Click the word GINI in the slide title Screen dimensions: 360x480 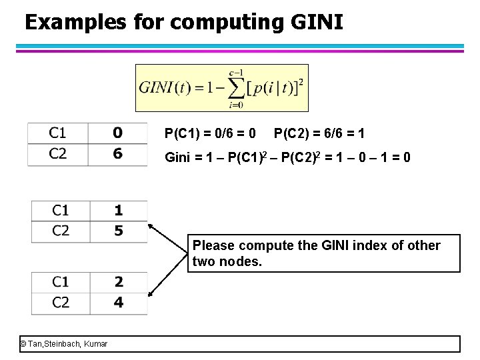(317, 23)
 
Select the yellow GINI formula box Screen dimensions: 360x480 (221, 87)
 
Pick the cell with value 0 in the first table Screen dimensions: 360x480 (117, 133)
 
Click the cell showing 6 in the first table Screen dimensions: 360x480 (117, 153)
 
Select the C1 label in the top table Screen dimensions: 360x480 (58, 133)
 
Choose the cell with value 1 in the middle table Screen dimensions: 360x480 (119, 211)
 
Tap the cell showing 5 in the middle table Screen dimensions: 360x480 (119, 231)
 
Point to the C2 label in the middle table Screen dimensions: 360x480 (61, 231)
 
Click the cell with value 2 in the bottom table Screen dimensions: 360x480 (119, 281)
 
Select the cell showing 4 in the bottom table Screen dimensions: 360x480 (119, 302)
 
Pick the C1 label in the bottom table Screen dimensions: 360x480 (61, 281)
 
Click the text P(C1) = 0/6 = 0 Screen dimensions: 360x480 (211, 134)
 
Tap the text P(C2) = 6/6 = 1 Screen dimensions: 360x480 (319, 134)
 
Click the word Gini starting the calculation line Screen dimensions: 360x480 (178, 158)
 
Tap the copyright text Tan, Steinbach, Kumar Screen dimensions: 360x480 (64, 344)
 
